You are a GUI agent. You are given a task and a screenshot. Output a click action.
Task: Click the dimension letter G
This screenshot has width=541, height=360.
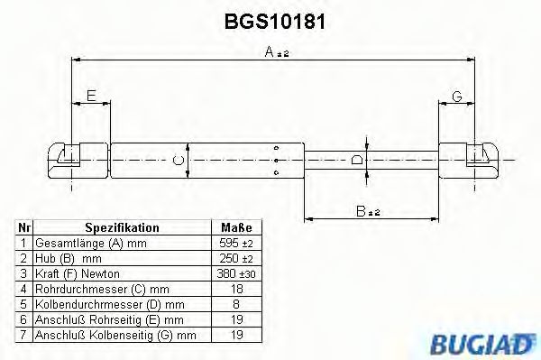(456, 96)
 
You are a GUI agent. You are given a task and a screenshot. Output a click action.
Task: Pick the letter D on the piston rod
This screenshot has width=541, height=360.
(358, 161)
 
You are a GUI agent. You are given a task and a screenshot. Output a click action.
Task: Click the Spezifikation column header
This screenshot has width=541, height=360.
(122, 228)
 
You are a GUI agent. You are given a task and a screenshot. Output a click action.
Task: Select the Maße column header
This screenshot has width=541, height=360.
(236, 228)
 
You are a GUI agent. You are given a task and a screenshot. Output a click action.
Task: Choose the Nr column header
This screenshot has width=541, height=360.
(24, 228)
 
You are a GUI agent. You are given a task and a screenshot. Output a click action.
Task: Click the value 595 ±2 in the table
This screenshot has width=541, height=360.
(236, 244)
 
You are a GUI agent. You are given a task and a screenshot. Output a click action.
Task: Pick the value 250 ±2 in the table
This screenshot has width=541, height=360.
(236, 258)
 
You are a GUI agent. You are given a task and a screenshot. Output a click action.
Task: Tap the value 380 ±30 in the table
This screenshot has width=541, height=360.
(236, 273)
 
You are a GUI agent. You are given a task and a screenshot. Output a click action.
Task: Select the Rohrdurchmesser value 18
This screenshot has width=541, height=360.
(236, 289)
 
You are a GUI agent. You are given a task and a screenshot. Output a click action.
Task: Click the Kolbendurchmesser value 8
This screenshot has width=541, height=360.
(236, 304)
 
